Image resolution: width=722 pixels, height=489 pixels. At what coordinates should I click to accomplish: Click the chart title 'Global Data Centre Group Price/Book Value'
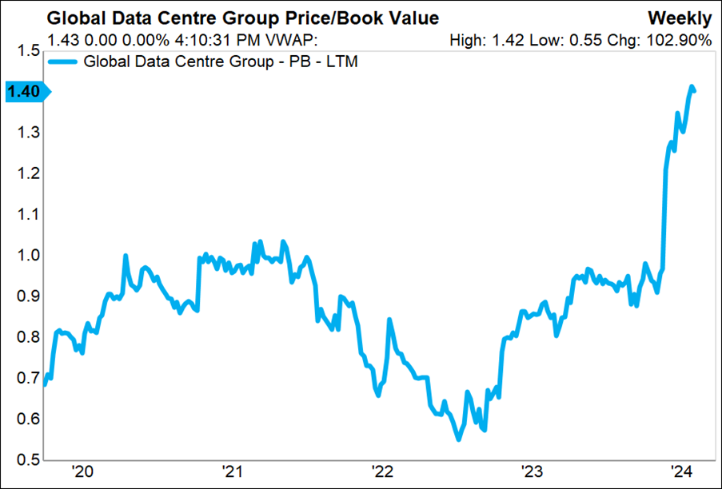click(243, 18)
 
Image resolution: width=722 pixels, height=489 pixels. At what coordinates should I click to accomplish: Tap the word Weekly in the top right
click(680, 18)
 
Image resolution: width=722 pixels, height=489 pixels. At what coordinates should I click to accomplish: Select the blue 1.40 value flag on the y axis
click(26, 92)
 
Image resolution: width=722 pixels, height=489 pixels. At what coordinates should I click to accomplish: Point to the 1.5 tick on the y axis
click(28, 50)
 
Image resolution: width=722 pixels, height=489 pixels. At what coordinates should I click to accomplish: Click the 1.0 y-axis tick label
click(28, 256)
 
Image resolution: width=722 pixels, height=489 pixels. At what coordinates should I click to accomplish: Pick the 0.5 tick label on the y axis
click(28, 459)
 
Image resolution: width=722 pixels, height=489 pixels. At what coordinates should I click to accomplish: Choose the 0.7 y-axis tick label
click(28, 378)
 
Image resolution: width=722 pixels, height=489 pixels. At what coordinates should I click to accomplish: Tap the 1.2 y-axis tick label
click(28, 173)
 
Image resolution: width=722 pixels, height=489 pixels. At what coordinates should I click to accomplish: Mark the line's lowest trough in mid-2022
click(458, 439)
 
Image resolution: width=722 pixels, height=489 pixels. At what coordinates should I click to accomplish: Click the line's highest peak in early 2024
click(692, 86)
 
